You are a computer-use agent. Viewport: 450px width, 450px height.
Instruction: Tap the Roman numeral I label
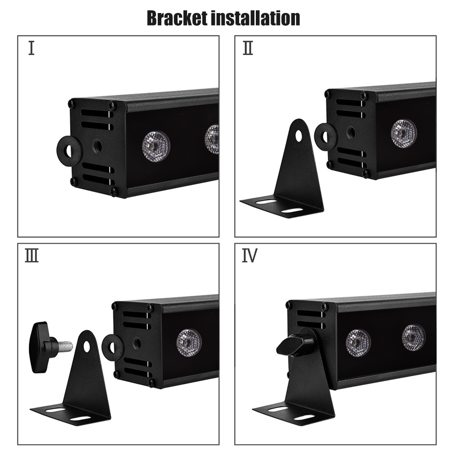31,48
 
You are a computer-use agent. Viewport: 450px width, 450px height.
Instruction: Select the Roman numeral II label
248,48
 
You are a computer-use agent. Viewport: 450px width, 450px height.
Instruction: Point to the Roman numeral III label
31,256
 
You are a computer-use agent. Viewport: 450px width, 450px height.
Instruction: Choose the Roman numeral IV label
250,256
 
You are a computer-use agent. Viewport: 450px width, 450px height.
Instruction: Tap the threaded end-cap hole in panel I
97,146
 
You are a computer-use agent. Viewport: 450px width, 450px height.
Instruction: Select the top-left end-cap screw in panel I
71,104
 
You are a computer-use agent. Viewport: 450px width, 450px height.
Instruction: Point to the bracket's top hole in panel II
299,136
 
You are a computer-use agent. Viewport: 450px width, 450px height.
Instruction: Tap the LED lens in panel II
403,134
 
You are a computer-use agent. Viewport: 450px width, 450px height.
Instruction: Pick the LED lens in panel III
189,343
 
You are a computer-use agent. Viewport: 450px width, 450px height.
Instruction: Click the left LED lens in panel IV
358,343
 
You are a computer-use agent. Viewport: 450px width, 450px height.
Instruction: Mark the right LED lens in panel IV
413,337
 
